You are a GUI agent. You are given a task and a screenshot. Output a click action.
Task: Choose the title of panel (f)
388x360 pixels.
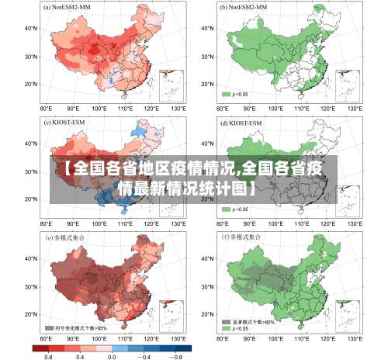243,237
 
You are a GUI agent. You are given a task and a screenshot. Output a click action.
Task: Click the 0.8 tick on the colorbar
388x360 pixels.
49,355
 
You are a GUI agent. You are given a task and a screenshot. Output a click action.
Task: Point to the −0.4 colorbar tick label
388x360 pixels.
144,355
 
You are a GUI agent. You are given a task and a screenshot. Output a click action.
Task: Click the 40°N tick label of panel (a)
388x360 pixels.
33,28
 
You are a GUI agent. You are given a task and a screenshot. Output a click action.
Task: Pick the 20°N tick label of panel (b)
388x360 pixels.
207,84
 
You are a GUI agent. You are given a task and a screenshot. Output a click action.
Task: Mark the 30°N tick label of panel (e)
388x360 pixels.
33,284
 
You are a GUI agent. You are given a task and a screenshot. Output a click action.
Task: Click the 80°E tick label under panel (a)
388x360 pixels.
46,108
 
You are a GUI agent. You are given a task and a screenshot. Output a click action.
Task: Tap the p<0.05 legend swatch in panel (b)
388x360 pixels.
226,95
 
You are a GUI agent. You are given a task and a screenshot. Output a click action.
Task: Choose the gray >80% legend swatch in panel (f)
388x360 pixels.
226,320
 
